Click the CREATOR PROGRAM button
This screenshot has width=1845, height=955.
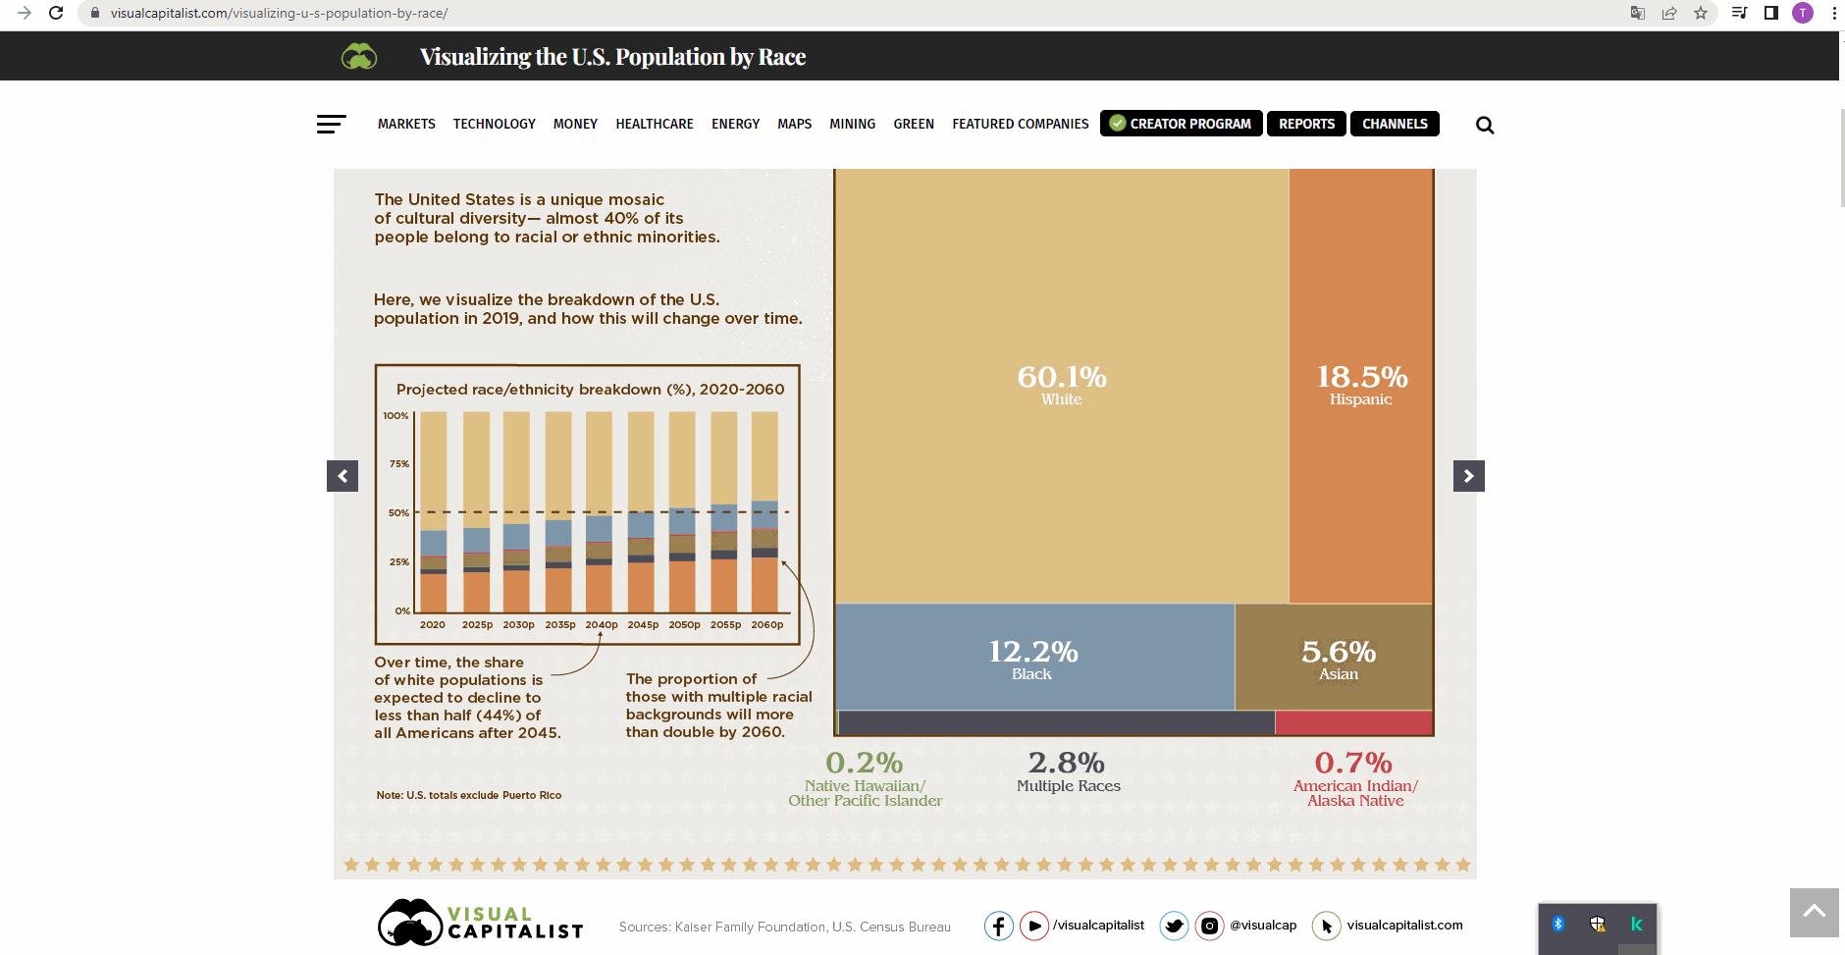[1181, 124]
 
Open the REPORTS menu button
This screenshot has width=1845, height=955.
[1306, 124]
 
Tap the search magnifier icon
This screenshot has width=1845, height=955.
[1485, 125]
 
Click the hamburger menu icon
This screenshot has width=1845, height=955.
[331, 124]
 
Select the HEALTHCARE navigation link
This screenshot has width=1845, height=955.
[655, 124]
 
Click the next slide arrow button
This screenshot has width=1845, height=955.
[1468, 476]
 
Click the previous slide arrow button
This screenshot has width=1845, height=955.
[343, 476]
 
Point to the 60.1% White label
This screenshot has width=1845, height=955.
[1062, 384]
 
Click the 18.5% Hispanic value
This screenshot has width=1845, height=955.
[1361, 378]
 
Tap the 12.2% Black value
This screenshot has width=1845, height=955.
[1032, 653]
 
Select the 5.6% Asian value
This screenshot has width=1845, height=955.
[1339, 653]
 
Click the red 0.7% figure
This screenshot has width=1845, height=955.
[1353, 763]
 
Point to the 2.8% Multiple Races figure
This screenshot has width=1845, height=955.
[1067, 763]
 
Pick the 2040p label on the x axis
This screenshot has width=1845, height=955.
[602, 624]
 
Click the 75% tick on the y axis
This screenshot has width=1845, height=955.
[398, 463]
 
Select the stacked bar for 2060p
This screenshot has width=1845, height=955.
[764, 511]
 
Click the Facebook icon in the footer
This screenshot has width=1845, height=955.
[998, 926]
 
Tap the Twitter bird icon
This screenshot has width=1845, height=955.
[1174, 926]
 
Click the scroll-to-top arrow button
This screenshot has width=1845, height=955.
[1814, 912]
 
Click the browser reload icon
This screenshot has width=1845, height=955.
[56, 13]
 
